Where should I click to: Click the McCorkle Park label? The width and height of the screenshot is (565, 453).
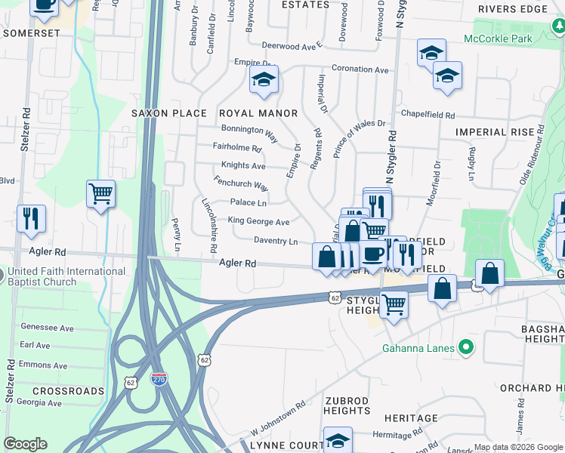tap(498, 39)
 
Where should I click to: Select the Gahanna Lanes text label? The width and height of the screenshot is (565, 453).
tap(418, 348)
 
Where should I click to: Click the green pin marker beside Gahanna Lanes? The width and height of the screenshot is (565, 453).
tap(466, 347)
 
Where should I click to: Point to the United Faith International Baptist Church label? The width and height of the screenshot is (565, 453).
tap(69, 276)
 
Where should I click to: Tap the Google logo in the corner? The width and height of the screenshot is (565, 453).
tap(25, 444)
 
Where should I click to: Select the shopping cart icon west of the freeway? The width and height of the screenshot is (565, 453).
tap(100, 195)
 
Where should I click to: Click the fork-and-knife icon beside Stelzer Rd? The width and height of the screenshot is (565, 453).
tap(31, 217)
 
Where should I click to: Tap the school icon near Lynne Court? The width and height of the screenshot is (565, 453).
tap(338, 440)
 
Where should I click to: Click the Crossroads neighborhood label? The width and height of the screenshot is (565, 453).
tap(69, 391)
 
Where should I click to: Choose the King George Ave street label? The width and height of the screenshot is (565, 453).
tap(259, 222)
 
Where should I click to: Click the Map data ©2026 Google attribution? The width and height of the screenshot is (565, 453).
tap(517, 447)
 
